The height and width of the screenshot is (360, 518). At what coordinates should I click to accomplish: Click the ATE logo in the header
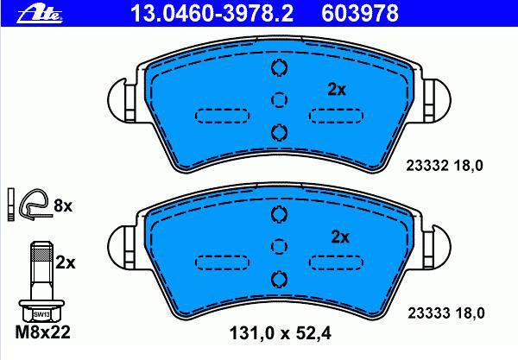point(40,14)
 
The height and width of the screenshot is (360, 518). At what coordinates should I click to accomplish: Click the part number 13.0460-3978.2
point(212,14)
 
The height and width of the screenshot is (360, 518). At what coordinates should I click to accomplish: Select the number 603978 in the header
point(360,14)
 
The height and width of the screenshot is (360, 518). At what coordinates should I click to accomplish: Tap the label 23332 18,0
point(445,166)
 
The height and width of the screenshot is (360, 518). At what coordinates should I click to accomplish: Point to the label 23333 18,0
point(446,313)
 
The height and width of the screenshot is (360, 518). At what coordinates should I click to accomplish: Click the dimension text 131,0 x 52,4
point(280,333)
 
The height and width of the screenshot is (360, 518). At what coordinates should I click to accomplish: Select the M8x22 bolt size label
point(42,332)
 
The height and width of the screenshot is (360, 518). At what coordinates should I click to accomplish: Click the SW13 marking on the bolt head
point(41,315)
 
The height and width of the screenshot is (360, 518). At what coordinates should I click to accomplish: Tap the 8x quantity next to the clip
point(63,206)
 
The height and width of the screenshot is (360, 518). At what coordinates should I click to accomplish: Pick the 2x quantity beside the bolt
point(65,263)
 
